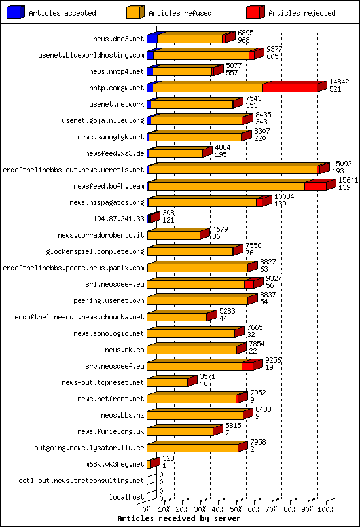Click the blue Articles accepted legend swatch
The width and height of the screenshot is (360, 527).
(x=16, y=12)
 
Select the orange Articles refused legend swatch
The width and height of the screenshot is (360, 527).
(x=135, y=12)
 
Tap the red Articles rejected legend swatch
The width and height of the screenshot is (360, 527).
(x=255, y=12)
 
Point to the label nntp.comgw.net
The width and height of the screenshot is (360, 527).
(x=117, y=88)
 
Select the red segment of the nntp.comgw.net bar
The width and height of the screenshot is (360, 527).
(x=289, y=88)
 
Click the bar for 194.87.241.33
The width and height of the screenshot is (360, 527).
(x=153, y=218)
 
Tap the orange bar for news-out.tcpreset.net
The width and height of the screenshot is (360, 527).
(x=168, y=382)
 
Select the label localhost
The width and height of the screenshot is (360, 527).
(x=126, y=497)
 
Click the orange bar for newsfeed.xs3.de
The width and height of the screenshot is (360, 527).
(x=175, y=153)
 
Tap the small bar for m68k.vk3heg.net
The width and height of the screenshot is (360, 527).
(x=153, y=463)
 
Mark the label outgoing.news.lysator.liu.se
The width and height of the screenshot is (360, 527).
(x=89, y=448)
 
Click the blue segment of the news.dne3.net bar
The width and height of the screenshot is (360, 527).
(x=152, y=39)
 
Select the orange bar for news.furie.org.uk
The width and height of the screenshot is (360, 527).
(x=180, y=431)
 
